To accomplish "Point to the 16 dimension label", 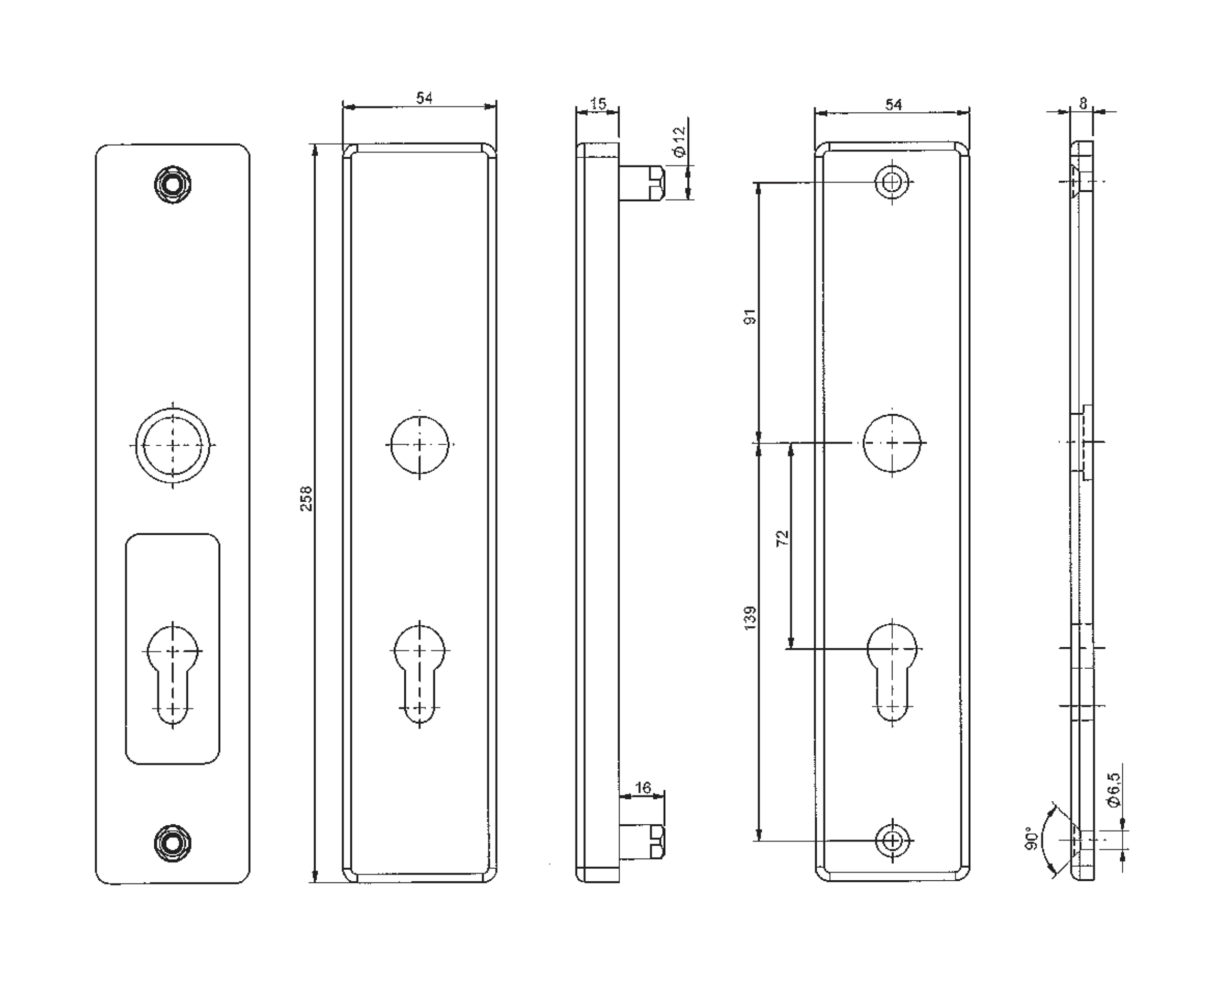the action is (x=643, y=788).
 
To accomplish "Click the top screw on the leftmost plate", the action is (x=173, y=184).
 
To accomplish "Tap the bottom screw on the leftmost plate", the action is (x=173, y=843).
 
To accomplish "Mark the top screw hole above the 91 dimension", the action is (x=892, y=182).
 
